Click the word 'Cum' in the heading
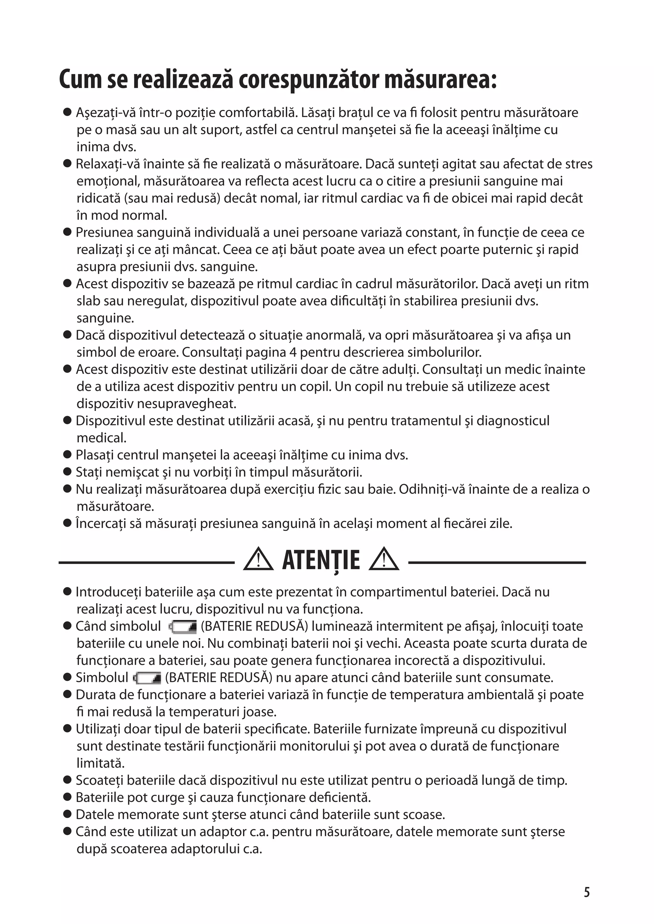(80, 80)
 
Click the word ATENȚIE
(321, 560)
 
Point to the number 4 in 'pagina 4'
(293, 352)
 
